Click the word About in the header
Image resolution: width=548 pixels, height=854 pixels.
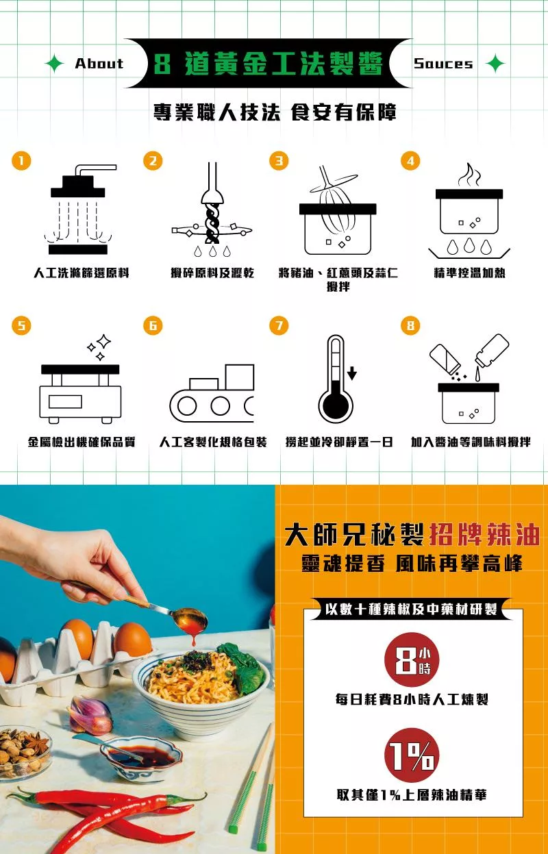[99, 63]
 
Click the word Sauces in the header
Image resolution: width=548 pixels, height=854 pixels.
[443, 63]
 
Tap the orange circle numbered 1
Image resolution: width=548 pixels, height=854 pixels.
[21, 160]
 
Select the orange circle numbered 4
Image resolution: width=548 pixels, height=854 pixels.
[410, 160]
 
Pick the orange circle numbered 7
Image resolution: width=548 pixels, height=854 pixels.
[279, 325]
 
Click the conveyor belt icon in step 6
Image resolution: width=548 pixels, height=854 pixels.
[212, 394]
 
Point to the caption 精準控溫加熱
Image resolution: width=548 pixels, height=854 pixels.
[469, 273]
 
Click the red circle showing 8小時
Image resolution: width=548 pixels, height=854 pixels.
[412, 660]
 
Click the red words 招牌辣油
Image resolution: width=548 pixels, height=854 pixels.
[484, 536]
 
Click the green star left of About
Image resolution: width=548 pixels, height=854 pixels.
[54, 63]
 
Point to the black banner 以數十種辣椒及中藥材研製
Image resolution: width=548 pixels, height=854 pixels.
[411, 610]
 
